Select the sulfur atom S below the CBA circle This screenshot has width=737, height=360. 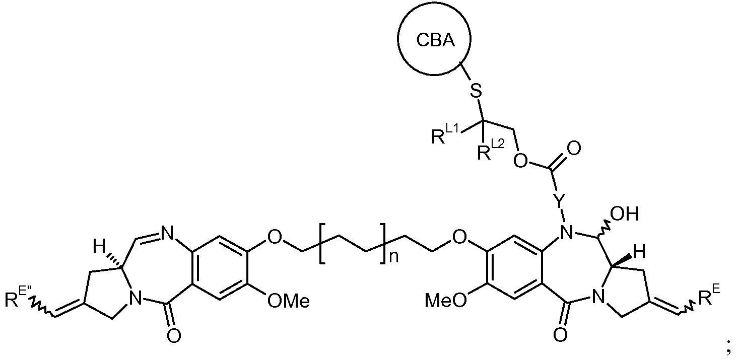(x=476, y=91)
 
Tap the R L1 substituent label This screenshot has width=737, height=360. (x=445, y=135)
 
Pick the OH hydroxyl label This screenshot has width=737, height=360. (x=624, y=213)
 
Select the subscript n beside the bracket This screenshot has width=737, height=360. (x=394, y=257)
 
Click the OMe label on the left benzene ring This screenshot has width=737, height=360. (x=289, y=301)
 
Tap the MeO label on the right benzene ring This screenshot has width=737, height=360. (x=446, y=301)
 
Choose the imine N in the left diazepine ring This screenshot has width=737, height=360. (x=167, y=234)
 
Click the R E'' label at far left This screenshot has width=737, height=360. (x=17, y=298)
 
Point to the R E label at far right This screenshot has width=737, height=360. (x=709, y=296)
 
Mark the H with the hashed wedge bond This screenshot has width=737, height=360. (x=99, y=246)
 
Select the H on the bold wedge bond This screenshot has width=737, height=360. (x=640, y=252)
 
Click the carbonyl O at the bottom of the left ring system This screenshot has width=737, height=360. (x=174, y=336)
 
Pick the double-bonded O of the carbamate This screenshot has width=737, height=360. (x=574, y=149)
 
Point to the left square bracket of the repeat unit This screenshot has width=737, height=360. (x=321, y=244)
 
